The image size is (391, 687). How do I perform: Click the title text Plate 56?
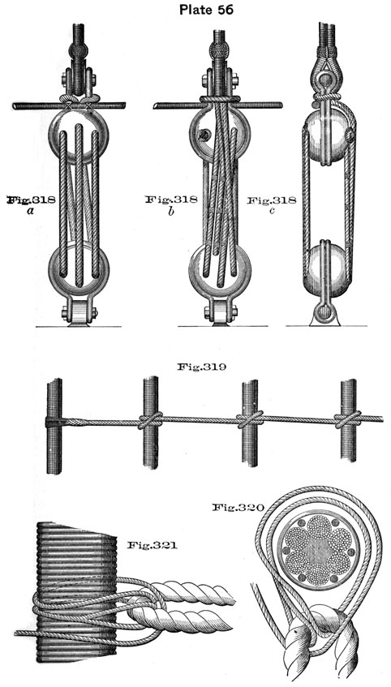point(207,9)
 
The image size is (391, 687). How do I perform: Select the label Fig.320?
point(238,508)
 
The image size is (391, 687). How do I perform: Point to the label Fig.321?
point(153,545)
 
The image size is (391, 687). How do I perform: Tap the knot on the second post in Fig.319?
point(150,421)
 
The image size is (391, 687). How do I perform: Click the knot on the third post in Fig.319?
point(251,419)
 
